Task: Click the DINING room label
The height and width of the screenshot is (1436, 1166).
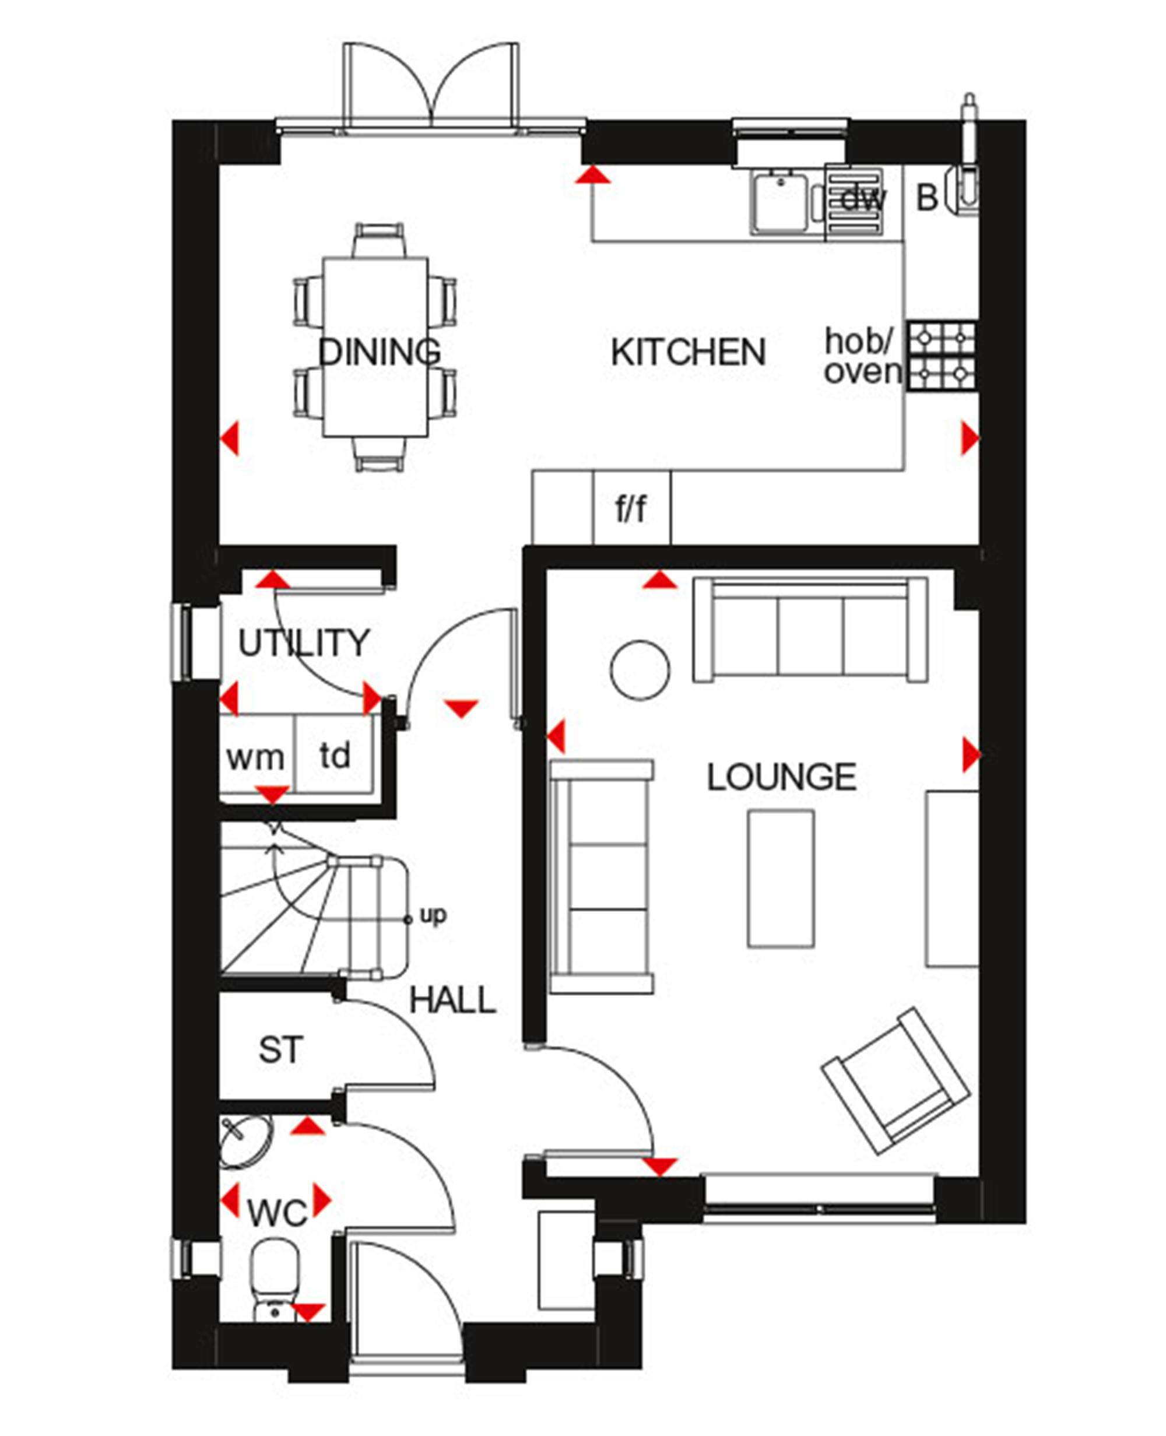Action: click(x=380, y=352)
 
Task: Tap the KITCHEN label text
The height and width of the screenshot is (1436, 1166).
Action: click(x=689, y=352)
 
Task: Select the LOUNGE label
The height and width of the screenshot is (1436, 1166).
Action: click(x=782, y=777)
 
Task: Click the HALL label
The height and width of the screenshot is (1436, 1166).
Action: click(x=452, y=1000)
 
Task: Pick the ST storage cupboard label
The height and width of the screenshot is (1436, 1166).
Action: click(x=282, y=1051)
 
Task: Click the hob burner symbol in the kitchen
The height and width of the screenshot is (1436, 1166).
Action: click(x=942, y=356)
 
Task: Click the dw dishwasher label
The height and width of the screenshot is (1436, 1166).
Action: click(x=864, y=198)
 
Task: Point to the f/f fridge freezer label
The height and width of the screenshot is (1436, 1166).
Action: click(x=631, y=508)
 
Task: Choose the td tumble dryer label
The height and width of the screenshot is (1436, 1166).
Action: click(x=335, y=756)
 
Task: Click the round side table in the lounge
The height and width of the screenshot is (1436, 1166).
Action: click(x=640, y=670)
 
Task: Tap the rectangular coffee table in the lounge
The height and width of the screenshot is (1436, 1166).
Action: click(x=781, y=879)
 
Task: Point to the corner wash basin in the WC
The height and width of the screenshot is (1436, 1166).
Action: click(x=245, y=1141)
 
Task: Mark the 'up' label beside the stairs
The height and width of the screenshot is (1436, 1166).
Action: click(x=433, y=915)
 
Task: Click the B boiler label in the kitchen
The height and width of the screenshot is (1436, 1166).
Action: click(x=928, y=198)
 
